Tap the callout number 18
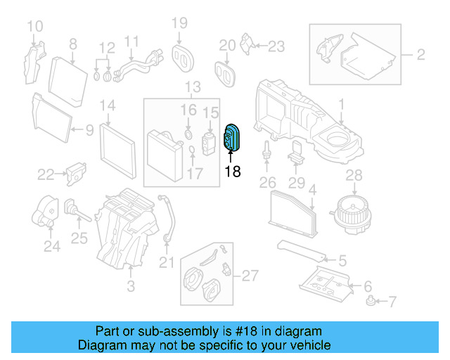[x=232, y=171]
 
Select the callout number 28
[x=353, y=174]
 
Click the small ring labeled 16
[x=188, y=134]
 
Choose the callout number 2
[x=420, y=53]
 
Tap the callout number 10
[x=34, y=27]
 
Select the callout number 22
[x=46, y=174]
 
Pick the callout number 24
[x=51, y=246]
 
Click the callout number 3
[x=130, y=286]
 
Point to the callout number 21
[x=166, y=263]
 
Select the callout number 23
[x=276, y=46]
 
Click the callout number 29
[x=297, y=184]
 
